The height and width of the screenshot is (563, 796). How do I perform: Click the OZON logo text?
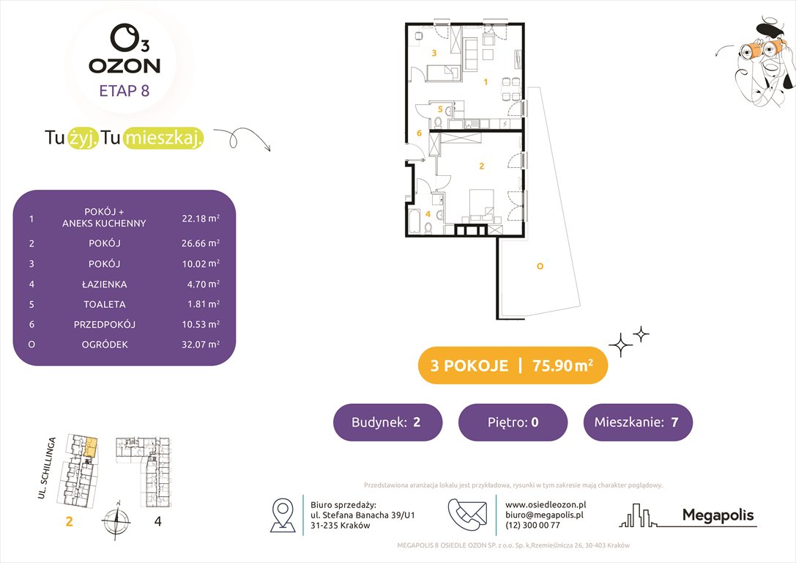point(124,65)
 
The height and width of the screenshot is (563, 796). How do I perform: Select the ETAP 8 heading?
point(124,92)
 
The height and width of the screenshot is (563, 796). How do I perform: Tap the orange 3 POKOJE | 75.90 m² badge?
point(513,366)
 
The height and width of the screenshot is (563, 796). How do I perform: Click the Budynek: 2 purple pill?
point(387,422)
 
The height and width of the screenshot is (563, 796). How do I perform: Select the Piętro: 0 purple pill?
point(513,422)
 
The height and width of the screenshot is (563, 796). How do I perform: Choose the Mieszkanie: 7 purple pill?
point(638,422)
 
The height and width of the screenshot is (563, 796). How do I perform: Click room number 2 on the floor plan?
point(481,166)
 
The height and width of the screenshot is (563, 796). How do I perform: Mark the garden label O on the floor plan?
point(540,266)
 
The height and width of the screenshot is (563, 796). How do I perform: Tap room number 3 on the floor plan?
point(434,54)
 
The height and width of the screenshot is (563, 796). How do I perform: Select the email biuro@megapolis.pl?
point(543,515)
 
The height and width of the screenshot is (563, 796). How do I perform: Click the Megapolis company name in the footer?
point(718,515)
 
